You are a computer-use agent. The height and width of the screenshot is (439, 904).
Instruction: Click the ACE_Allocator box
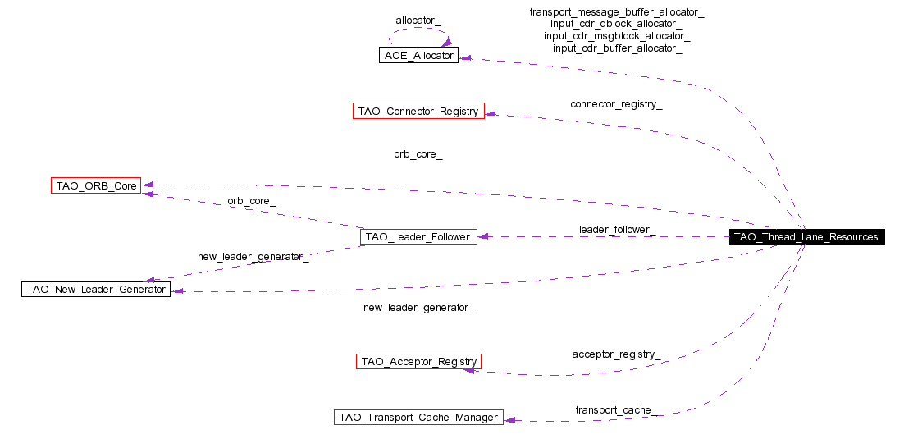(x=418, y=55)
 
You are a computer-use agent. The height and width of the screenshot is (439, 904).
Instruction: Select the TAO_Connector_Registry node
(x=418, y=111)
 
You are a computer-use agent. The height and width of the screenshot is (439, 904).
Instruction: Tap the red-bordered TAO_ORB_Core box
(x=96, y=185)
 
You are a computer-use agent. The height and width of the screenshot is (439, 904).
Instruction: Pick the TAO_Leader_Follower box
(x=418, y=236)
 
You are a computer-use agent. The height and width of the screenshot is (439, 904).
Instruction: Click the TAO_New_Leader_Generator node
(x=96, y=289)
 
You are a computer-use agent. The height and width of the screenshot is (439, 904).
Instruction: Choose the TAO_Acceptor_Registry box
(x=418, y=361)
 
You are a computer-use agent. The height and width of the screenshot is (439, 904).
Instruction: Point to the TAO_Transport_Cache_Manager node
(x=418, y=417)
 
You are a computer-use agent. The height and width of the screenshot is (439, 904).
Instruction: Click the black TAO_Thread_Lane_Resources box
(x=806, y=236)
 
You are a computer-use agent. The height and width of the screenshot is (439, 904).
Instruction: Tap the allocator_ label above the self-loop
(x=418, y=20)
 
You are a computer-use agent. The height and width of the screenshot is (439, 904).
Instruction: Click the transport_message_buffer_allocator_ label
(x=617, y=11)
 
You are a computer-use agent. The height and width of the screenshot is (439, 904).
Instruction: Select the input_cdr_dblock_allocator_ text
(x=617, y=24)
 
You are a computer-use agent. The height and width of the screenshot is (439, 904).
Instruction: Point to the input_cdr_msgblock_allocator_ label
(x=617, y=36)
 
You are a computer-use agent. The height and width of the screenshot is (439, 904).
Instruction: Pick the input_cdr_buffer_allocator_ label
(x=617, y=48)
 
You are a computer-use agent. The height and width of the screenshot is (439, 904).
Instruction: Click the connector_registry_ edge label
(x=616, y=104)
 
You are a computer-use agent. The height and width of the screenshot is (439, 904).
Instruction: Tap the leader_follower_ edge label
(x=616, y=229)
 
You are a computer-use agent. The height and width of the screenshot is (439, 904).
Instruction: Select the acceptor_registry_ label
(x=616, y=354)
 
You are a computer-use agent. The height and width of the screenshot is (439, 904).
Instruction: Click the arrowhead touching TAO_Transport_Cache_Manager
(x=510, y=419)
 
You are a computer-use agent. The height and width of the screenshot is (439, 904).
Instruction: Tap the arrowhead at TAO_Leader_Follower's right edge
(x=484, y=236)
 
